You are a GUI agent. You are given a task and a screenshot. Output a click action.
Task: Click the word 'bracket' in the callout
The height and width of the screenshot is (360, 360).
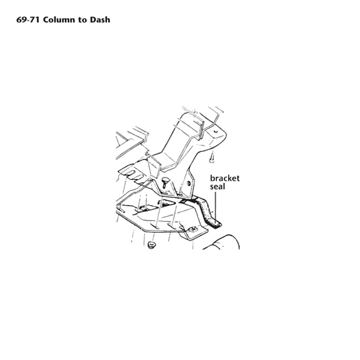(x=225, y=178)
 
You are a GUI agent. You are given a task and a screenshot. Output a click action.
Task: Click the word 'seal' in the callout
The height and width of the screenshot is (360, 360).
(x=217, y=186)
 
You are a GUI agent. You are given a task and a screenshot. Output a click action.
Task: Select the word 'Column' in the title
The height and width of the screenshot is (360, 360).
(x=59, y=20)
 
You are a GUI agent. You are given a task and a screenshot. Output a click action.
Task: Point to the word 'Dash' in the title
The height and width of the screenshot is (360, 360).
(x=100, y=20)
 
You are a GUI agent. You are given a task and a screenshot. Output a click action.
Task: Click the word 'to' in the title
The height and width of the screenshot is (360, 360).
(x=82, y=20)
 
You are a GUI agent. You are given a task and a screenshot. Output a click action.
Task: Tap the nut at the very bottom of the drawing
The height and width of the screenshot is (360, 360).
(x=151, y=245)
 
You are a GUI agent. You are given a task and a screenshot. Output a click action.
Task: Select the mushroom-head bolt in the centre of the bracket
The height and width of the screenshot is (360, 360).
(x=165, y=183)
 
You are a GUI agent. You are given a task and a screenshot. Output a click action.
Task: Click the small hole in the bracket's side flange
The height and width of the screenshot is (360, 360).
(x=189, y=183)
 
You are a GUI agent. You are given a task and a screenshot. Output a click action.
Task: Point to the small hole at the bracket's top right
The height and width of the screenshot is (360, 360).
(x=216, y=131)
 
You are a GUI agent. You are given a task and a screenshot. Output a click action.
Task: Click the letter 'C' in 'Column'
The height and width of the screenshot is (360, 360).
(x=46, y=20)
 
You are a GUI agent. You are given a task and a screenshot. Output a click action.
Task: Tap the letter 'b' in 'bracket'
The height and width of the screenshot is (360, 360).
(x=212, y=178)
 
